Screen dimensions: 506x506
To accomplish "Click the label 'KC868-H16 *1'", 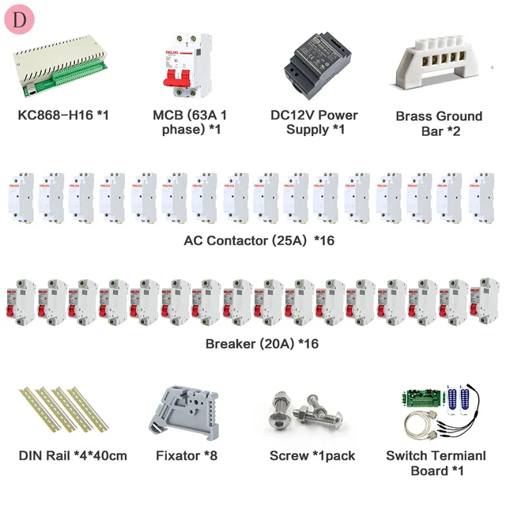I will tap(63, 115).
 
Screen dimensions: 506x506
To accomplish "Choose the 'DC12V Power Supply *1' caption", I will tap(314, 122).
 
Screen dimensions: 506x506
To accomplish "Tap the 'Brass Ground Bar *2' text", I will tap(439, 123).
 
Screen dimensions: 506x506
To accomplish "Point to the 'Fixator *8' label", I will tap(187, 455).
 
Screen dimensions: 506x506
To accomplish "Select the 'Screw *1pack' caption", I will tap(312, 455).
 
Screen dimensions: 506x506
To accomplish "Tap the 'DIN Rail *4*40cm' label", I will tap(73, 455).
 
